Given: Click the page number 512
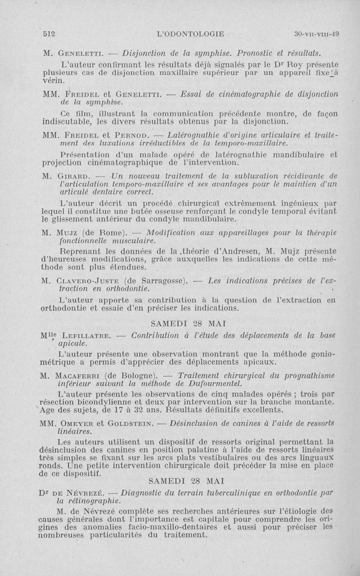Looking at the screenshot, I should tap(48, 33).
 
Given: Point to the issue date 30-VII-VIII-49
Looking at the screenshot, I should tap(316, 33).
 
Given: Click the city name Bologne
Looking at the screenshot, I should tap(138, 375).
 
